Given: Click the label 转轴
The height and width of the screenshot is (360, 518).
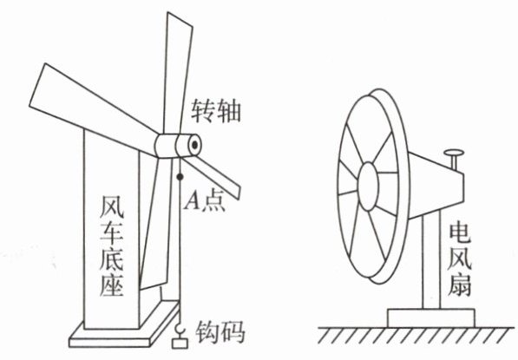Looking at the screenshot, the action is pos(216,111).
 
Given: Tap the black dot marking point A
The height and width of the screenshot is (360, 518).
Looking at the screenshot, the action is pos(180,177).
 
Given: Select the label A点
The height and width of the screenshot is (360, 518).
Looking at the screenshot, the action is pos(205,200).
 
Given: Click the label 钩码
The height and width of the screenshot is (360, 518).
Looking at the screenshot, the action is pos(220,331).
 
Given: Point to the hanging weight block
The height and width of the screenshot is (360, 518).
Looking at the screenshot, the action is pos(180,344).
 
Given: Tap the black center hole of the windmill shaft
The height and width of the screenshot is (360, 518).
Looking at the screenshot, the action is pos(195,145).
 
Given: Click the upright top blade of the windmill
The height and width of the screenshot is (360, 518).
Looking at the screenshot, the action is pos(178,73).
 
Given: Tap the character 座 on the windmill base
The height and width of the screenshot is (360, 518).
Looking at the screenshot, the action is pos(112,285).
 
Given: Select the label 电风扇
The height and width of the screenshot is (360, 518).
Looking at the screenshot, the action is pos(460,259).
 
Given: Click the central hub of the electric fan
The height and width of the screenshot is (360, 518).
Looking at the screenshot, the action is pos(368,187).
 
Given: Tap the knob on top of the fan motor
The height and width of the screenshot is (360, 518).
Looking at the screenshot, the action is pos(454,159).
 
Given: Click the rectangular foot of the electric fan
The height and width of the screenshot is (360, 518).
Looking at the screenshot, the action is pos(431,318).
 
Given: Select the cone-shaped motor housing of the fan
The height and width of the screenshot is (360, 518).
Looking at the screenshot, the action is pos(436,185).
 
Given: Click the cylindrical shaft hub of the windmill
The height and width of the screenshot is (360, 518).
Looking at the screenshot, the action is pos(178,146).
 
